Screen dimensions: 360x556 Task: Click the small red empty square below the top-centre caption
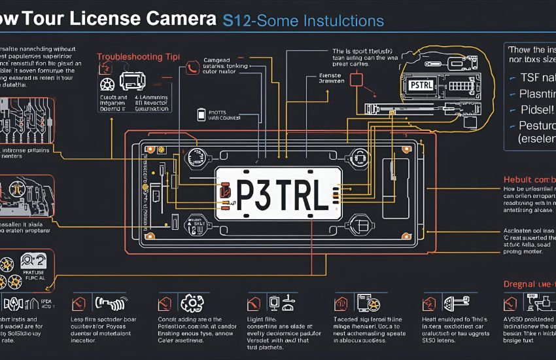point(356,80)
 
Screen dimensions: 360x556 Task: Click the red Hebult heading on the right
point(529,180)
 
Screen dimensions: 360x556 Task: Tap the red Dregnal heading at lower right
point(529,284)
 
